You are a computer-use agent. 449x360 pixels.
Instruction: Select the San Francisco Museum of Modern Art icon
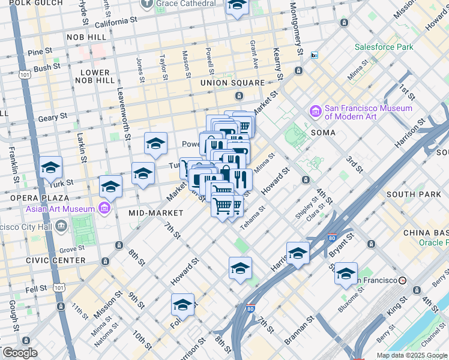point(315,112)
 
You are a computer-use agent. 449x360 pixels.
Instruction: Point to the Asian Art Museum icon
point(104,208)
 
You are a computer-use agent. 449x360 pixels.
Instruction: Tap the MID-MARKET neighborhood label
point(155,213)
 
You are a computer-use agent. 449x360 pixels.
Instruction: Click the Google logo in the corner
point(20,353)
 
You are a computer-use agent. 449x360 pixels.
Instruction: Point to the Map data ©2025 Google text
point(412,355)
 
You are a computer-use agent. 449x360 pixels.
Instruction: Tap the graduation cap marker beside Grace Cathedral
point(237,6)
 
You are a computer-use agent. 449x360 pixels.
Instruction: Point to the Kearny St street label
point(277,63)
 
